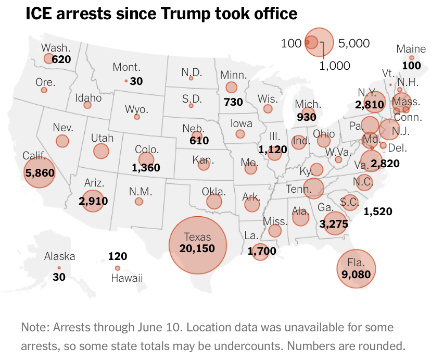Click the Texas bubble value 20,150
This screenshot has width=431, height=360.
pyautogui.click(x=197, y=249)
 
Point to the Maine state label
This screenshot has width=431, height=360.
pyautogui.click(x=411, y=49)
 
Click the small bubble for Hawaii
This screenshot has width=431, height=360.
pyautogui.click(x=118, y=268)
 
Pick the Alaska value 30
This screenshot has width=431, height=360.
pyautogui.click(x=59, y=277)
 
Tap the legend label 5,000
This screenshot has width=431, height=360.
pyautogui.click(x=353, y=43)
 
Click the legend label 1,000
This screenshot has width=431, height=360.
pyautogui.click(x=334, y=65)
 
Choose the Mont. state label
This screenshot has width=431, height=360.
pyautogui.click(x=127, y=67)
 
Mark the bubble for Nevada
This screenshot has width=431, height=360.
pyautogui.click(x=62, y=141)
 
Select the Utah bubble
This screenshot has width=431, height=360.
pyautogui.click(x=101, y=151)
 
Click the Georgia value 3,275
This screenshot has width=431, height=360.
pyautogui.click(x=334, y=224)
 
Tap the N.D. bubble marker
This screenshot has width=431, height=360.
pyautogui.click(x=191, y=78)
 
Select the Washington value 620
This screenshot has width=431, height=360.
pyautogui.click(x=61, y=59)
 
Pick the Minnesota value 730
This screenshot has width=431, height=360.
pyautogui.click(x=233, y=102)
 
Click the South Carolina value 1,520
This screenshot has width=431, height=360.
pyautogui.click(x=378, y=212)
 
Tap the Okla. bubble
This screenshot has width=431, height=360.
pyautogui.click(x=214, y=202)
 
